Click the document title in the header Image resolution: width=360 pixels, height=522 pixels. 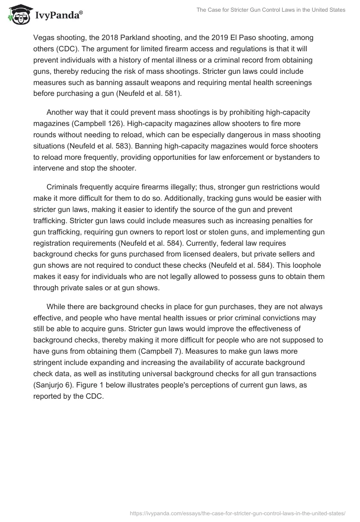(x=271, y=10)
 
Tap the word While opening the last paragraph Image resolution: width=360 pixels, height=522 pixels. (x=56, y=306)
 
